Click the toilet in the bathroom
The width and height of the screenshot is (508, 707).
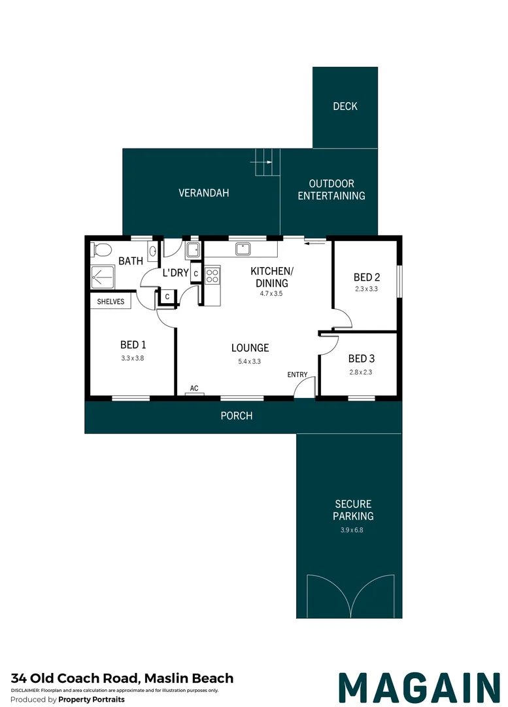point(101,249)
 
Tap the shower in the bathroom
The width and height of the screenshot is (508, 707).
point(102,278)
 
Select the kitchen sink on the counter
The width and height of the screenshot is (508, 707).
point(243,249)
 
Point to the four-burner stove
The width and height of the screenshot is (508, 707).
point(212,276)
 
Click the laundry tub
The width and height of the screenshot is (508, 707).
point(193,249)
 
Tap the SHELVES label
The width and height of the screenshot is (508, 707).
point(110,302)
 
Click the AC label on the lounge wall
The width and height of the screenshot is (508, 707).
point(194,389)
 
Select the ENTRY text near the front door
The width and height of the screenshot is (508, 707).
point(297,374)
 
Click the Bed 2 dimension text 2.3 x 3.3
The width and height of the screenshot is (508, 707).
point(366,289)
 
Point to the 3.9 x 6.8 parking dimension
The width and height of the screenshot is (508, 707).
point(353,530)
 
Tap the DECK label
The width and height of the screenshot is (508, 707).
point(345,106)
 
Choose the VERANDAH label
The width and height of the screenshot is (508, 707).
point(204,193)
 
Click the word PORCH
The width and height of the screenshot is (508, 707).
point(236,416)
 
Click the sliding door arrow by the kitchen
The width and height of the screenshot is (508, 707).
point(315,243)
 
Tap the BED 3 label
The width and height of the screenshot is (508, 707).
point(362,359)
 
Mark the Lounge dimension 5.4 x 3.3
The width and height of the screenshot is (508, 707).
point(250,361)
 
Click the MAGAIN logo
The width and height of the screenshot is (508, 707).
point(418,687)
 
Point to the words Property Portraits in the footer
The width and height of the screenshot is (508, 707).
point(92,699)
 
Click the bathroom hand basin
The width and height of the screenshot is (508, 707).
point(153,250)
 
